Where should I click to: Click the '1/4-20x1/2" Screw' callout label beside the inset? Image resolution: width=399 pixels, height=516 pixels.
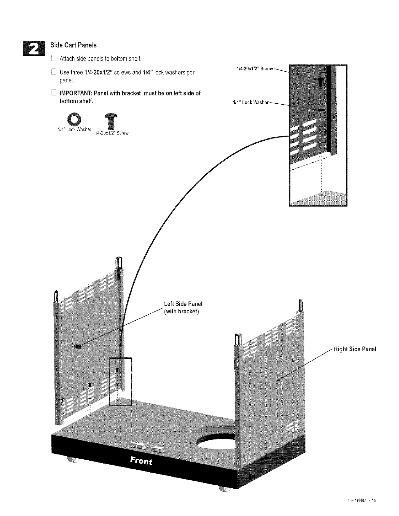(x=254, y=69)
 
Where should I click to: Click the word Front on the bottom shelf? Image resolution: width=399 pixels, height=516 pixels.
(x=141, y=461)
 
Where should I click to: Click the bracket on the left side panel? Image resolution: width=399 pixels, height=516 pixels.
(x=78, y=346)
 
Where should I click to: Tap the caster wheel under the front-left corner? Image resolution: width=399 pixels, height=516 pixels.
(x=72, y=460)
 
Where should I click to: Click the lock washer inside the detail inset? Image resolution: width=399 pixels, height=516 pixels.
(x=320, y=110)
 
